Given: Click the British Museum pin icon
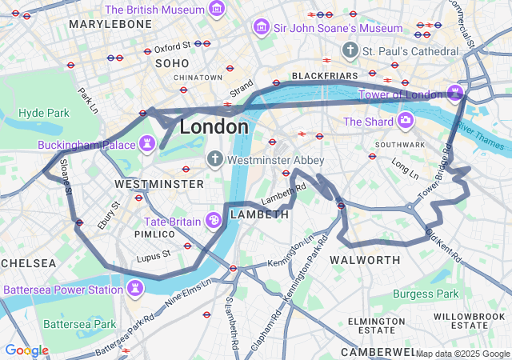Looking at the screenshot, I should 216,10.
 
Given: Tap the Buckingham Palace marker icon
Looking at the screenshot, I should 147,145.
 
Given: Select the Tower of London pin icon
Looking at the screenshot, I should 455,94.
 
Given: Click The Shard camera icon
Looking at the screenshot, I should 406,122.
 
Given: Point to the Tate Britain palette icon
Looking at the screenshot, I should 214,220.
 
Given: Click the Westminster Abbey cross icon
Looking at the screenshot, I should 214,159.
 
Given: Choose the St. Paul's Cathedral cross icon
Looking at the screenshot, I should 350,51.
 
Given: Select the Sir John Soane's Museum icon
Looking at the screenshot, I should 260,28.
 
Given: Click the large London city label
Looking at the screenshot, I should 214,127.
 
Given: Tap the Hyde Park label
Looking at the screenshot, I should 43,113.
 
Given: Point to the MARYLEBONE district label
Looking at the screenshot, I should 110,25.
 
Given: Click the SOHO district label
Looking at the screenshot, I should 172,62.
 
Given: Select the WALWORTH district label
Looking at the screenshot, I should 365,260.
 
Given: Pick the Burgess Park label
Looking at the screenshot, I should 425,294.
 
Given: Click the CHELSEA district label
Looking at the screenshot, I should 28,262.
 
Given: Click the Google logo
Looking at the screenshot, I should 26,350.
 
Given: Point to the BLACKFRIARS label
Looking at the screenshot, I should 318,75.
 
